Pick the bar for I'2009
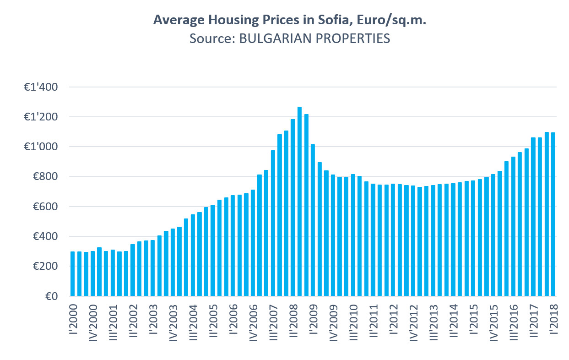[313, 220]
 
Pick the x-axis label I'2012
[393, 320]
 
